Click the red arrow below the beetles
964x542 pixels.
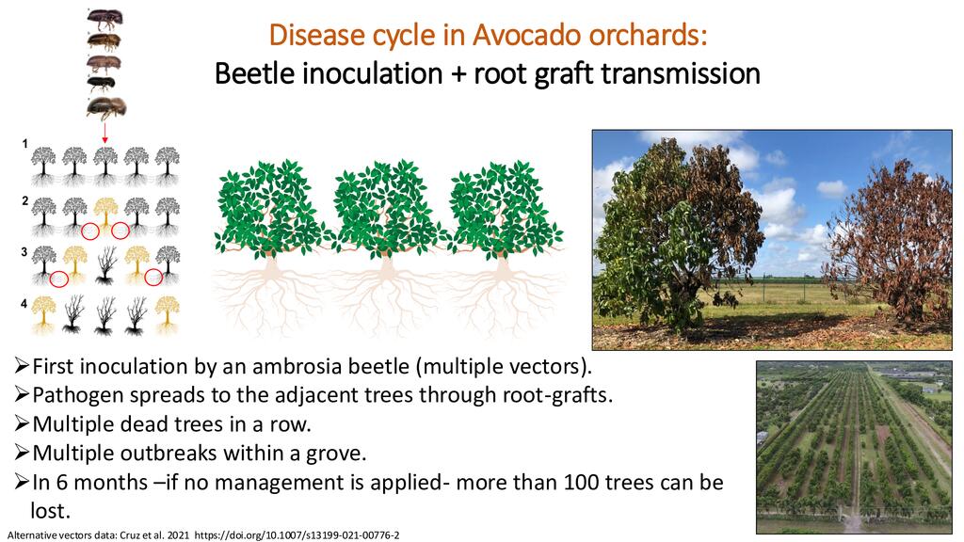coord(105,133)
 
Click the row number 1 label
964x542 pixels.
coord(25,144)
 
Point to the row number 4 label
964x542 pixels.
coord(24,304)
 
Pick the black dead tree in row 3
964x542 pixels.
coord(105,264)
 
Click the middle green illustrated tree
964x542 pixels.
coord(386,246)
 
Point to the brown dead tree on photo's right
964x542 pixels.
coord(891,240)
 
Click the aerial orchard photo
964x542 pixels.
coord(854,447)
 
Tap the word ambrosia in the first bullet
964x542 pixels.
coord(297,366)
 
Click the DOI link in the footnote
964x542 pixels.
coord(297,535)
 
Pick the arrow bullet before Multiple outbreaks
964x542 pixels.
coord(22,453)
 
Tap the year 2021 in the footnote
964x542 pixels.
coord(178,535)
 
